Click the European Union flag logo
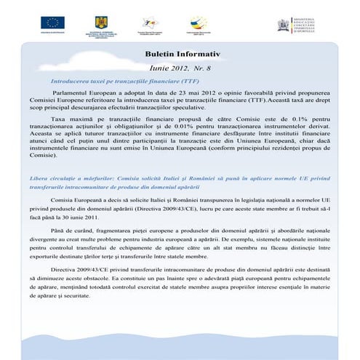point(54,23)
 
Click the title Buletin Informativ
point(177,54)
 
